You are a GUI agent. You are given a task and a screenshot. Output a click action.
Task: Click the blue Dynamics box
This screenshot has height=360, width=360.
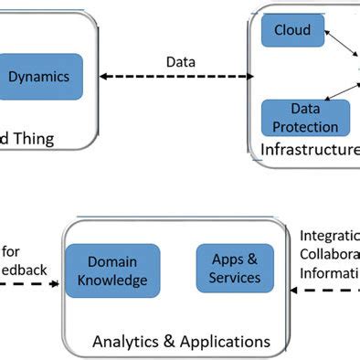[38, 77]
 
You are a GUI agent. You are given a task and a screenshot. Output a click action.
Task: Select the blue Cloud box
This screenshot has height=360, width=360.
[292, 30]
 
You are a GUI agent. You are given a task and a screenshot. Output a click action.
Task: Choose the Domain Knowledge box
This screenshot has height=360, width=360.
[112, 271]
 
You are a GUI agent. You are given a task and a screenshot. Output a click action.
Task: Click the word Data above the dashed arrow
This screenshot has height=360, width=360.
[180, 62]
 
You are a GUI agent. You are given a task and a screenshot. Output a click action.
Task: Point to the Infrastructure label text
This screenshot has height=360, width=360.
[310, 149]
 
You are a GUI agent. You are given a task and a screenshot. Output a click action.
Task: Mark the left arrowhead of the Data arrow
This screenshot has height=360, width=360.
[104, 77]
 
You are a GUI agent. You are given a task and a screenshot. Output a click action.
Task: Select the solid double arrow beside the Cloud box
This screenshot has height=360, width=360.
[341, 42]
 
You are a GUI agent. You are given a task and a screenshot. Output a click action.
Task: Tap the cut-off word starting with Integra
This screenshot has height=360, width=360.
[329, 235]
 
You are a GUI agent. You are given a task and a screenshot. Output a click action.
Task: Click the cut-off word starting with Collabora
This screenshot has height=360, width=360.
[329, 254]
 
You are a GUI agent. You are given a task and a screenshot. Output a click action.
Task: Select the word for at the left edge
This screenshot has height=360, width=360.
[12, 249]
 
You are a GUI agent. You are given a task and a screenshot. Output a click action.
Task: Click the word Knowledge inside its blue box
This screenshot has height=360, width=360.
[112, 281]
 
